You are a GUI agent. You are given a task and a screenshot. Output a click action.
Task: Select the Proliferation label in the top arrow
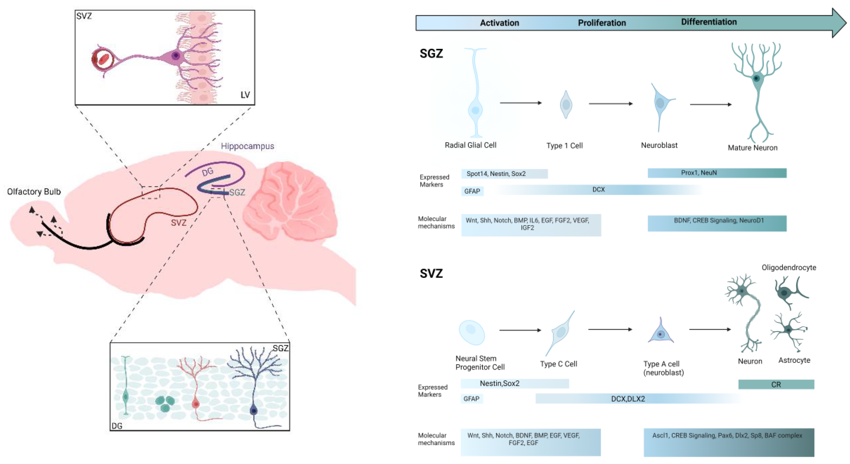coord(602,23)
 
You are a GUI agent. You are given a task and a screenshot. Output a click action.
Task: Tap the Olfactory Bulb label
coord(34,191)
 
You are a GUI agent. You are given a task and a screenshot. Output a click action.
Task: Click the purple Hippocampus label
coord(247,146)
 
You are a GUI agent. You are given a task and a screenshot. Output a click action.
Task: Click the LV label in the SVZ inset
coord(245,95)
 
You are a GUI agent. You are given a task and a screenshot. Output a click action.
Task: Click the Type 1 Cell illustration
coord(566,105)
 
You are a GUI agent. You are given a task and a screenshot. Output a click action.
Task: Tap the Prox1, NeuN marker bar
coord(717,173)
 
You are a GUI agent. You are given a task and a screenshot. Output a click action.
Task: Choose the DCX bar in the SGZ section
coord(598,190)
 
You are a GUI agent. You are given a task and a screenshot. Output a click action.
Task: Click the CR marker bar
coord(776,384)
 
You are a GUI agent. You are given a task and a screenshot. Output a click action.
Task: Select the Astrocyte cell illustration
coord(789,330)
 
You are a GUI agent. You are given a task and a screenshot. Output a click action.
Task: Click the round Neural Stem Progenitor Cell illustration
coord(472,332)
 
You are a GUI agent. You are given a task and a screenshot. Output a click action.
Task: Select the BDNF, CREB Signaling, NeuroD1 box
coord(717,223)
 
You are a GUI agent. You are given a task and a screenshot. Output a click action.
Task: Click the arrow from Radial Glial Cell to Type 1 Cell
coord(520,103)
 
